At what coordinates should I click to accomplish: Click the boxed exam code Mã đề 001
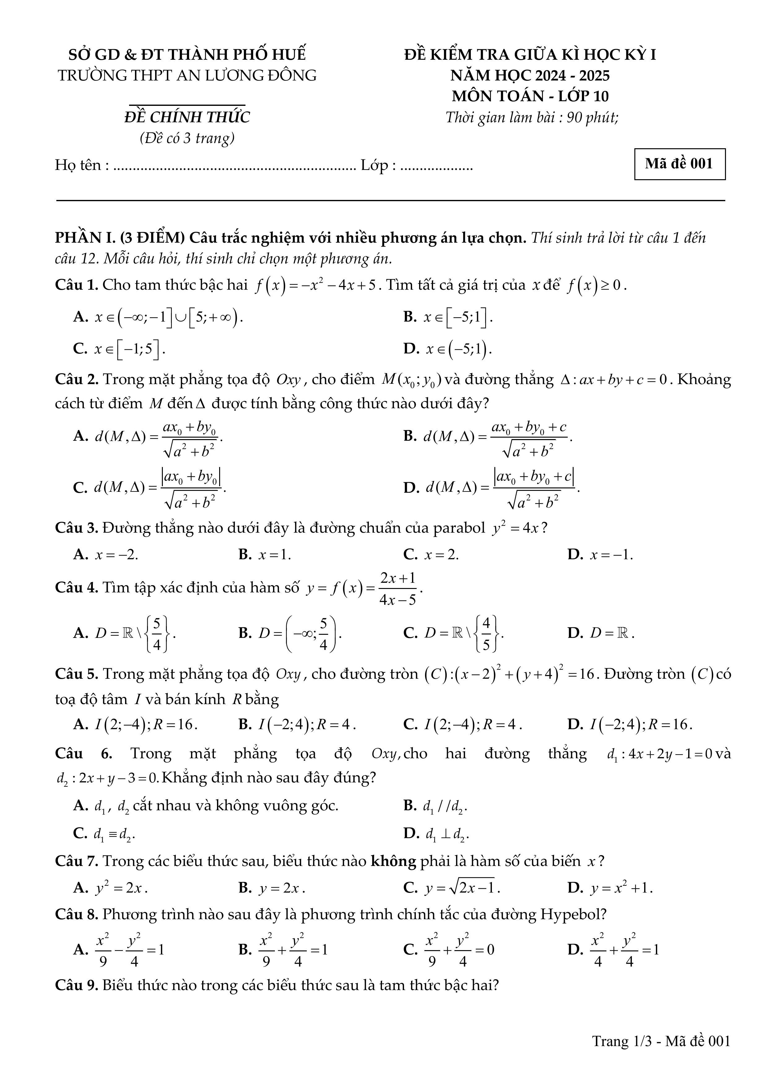pyautogui.click(x=679, y=164)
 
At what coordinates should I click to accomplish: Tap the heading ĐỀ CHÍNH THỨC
pyautogui.click(x=187, y=117)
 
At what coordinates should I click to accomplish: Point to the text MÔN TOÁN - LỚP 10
pyautogui.click(x=530, y=96)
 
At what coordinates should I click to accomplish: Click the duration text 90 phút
pyautogui.click(x=592, y=117)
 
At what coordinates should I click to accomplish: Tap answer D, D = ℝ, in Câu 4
pyautogui.click(x=601, y=633)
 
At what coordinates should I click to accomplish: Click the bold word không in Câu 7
pyautogui.click(x=393, y=861)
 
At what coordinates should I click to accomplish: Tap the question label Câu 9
pyautogui.click(x=76, y=985)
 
